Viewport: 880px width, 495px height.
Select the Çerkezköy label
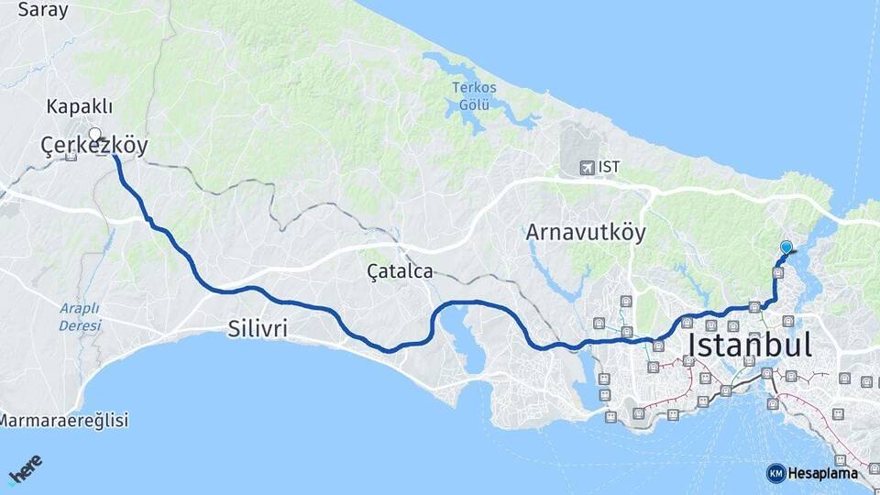coord(94,146)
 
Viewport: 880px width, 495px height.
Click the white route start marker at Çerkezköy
coord(94,134)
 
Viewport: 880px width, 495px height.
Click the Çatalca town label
coord(400,271)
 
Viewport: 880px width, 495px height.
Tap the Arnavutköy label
coord(586,233)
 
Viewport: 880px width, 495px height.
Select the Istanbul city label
coord(749,346)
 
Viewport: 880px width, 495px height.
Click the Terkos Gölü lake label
coord(474,95)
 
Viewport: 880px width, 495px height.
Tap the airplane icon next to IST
coord(587,168)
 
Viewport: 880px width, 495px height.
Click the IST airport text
coord(609,168)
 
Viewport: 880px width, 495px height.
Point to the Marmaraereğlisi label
coord(64,421)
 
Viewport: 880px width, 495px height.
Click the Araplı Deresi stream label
coord(80,316)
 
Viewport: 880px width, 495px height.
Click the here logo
coord(25,469)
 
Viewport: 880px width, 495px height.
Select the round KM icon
coord(775,473)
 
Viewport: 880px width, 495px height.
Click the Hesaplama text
coord(822,473)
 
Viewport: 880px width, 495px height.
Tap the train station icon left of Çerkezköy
coord(71,156)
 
